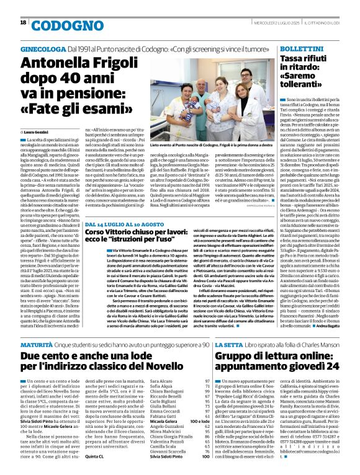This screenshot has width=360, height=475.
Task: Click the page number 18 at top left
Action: click(x=22, y=22)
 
